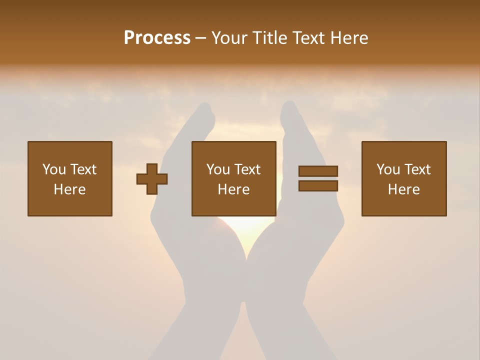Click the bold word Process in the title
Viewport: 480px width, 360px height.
tap(157, 38)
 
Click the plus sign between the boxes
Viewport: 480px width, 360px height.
tap(152, 179)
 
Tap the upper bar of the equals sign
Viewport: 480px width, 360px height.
tap(318, 171)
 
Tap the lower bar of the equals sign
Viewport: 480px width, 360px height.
tap(318, 186)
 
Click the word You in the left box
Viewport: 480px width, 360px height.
tap(54, 169)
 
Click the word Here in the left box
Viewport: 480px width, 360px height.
tap(69, 189)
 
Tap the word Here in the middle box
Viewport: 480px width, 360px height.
tap(233, 189)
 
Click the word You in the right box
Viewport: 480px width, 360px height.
tap(388, 169)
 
